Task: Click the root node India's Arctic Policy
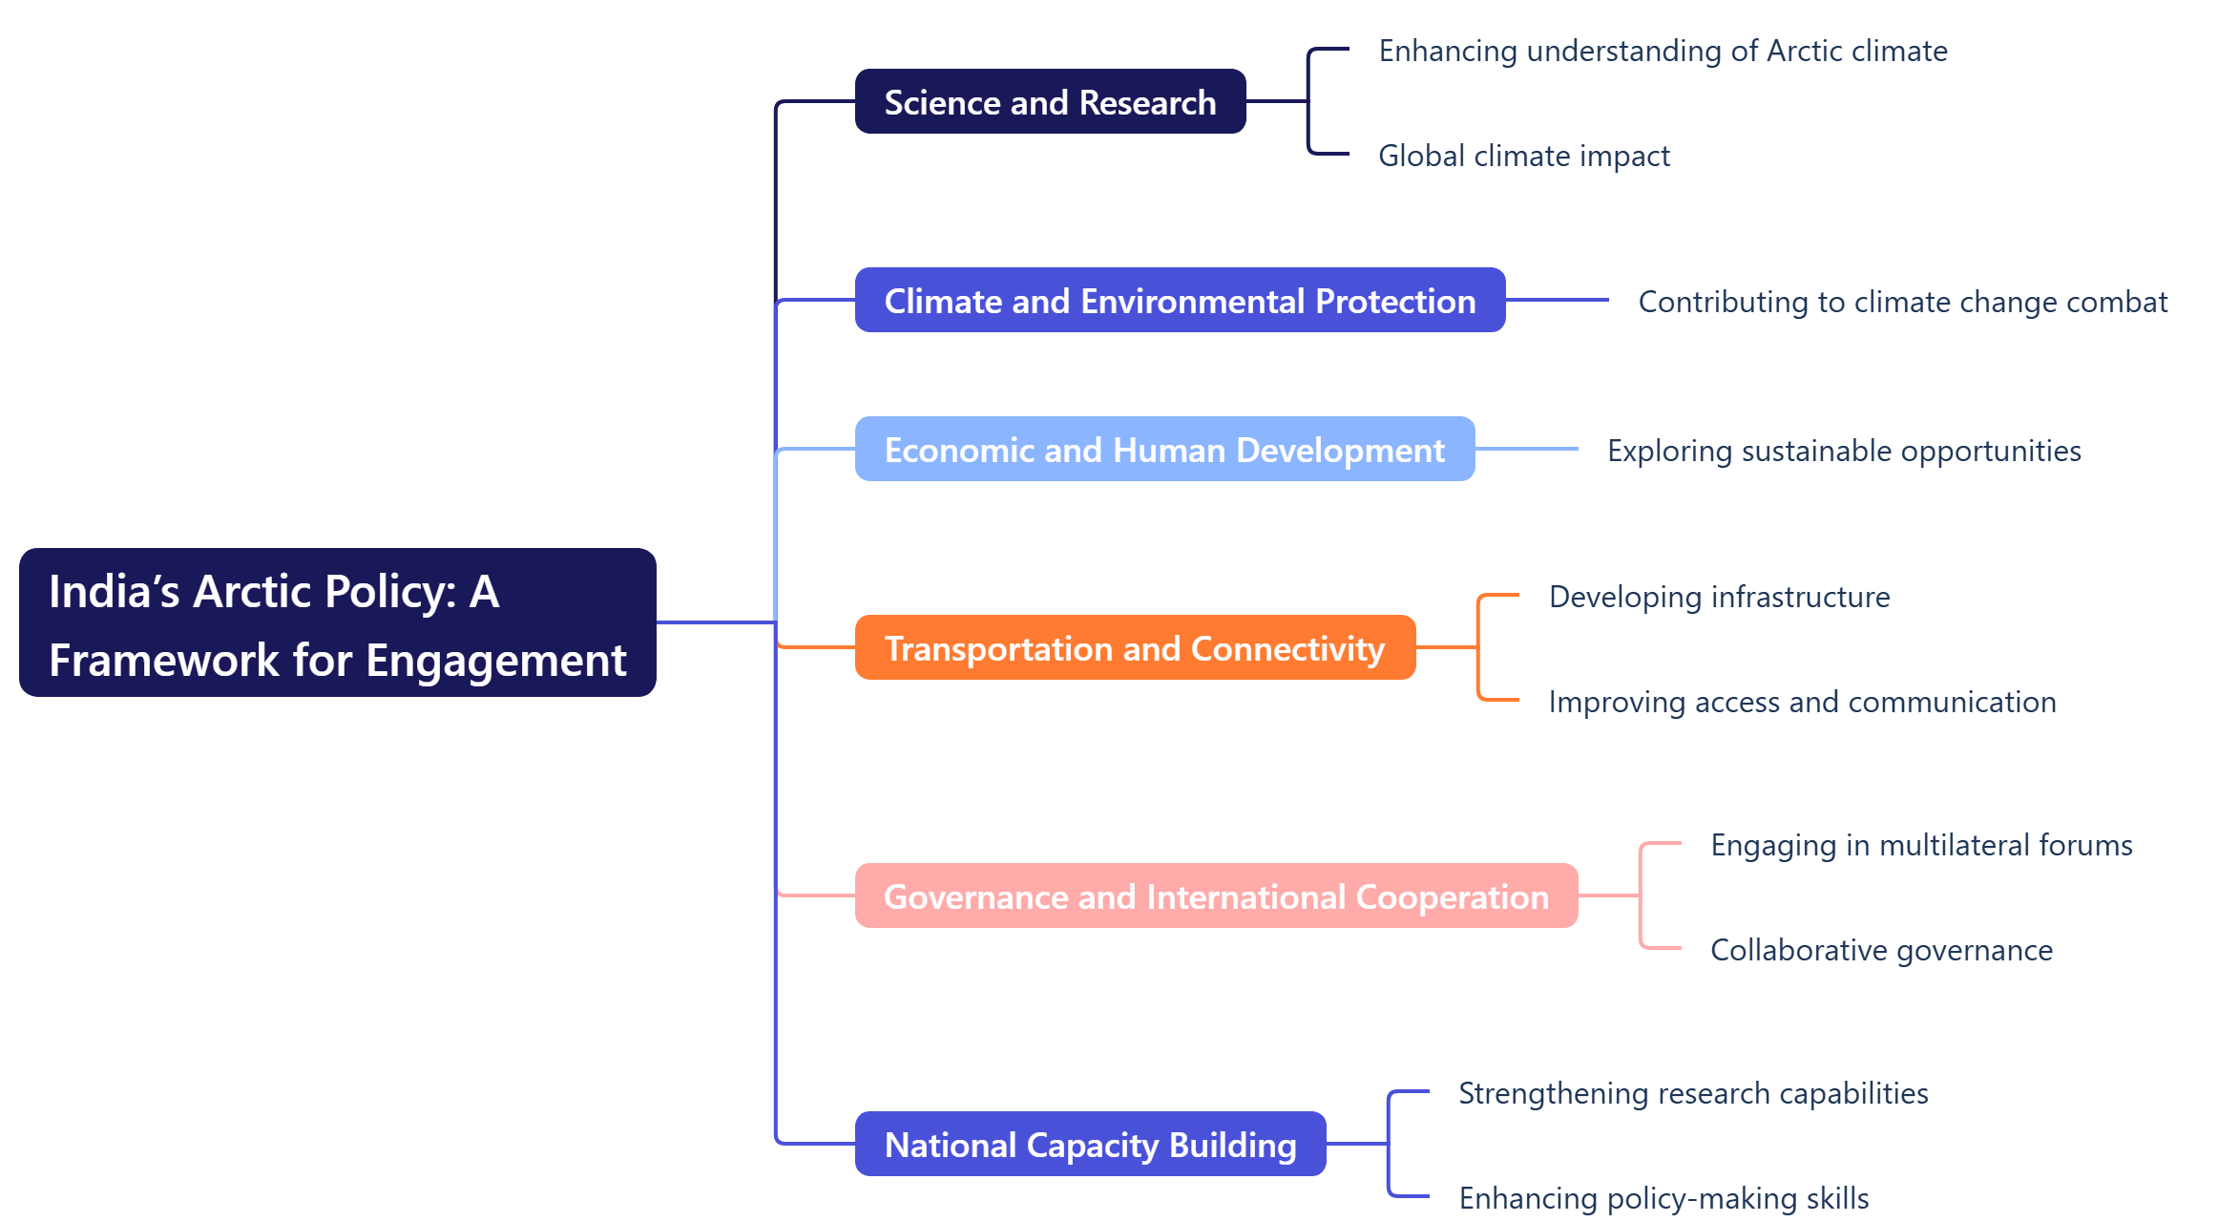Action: [x=337, y=622]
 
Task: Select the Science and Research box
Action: [x=1050, y=102]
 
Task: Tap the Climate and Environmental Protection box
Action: [x=1180, y=301]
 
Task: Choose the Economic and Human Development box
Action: [x=1164, y=450]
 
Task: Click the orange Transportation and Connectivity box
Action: [x=1135, y=648]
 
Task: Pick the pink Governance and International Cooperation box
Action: [x=1216, y=896]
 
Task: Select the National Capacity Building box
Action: [x=1090, y=1145]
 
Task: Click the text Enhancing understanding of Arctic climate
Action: [x=1663, y=51]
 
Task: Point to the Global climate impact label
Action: [x=1524, y=156]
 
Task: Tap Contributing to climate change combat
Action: [x=1902, y=302]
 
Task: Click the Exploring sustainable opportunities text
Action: [x=1844, y=451]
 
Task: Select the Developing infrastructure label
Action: [x=1719, y=597]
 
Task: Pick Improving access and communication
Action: [x=1802, y=702]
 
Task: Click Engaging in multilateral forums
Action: [x=1921, y=845]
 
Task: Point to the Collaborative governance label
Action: [x=1881, y=950]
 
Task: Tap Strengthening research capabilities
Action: [x=1693, y=1093]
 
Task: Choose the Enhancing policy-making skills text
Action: [x=1663, y=1198]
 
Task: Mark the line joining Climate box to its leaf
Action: [x=1557, y=300]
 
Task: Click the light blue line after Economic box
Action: [x=1526, y=449]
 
